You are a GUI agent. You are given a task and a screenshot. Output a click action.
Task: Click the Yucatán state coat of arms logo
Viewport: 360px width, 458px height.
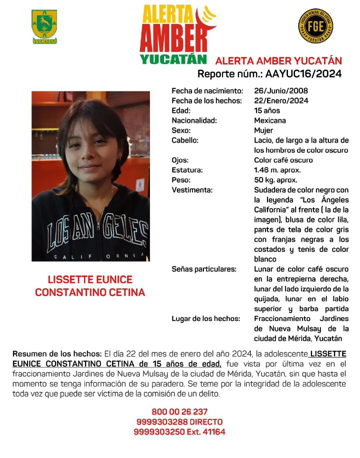[x=44, y=26]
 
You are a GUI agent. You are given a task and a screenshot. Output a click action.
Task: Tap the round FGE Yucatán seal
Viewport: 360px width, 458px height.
[x=316, y=26]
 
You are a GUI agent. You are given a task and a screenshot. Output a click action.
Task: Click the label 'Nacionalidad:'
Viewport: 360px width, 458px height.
[x=194, y=120]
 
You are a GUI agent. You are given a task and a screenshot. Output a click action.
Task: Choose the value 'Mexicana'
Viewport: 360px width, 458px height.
[x=270, y=120]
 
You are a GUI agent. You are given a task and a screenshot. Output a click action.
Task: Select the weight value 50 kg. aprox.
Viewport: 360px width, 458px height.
[x=275, y=180]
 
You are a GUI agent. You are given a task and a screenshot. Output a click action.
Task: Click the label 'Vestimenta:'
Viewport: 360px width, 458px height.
[x=192, y=190]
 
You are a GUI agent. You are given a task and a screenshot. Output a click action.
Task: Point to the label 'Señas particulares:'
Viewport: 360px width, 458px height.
[x=203, y=269]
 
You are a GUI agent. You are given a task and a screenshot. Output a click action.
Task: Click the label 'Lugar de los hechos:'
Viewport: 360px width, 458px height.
[x=205, y=318]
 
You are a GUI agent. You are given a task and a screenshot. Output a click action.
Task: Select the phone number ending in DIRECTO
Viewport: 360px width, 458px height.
[x=179, y=422]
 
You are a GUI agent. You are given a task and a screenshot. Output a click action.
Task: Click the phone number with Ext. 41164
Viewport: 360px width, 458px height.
[x=179, y=431]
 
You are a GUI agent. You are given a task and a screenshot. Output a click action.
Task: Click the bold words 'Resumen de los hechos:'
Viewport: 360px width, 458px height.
[x=57, y=353]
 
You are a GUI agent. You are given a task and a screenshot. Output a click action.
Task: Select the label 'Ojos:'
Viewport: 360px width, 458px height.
[x=180, y=160]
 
